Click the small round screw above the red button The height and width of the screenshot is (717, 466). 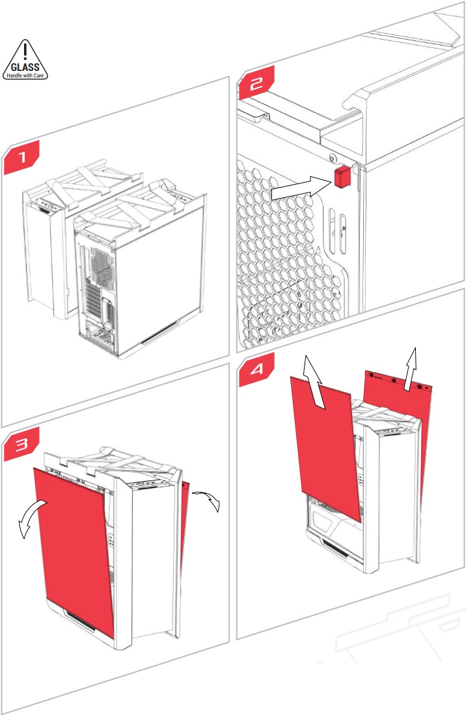333,157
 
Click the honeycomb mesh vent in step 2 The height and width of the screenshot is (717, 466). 280,260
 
